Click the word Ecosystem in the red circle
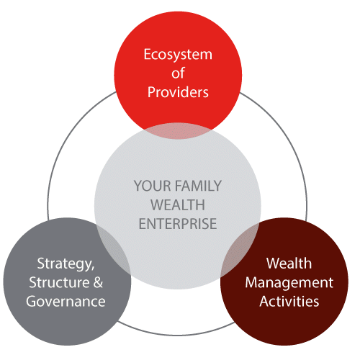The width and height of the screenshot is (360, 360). (178, 55)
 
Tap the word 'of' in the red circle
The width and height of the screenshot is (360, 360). (178, 73)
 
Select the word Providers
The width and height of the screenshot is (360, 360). (178, 91)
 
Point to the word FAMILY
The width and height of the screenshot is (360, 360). (198, 186)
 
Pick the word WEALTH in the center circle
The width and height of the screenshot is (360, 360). (178, 204)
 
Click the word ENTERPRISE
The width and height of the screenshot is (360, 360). (178, 224)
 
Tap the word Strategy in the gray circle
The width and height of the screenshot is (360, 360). (66, 264)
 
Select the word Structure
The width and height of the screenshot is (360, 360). (59, 282)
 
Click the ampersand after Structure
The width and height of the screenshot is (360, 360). (98, 282)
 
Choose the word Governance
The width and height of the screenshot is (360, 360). (66, 301)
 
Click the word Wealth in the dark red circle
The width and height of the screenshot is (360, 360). (289, 263)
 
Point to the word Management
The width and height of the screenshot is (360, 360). (289, 283)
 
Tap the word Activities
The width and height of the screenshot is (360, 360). (289, 301)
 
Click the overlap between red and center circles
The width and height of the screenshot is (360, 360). (178, 131)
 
